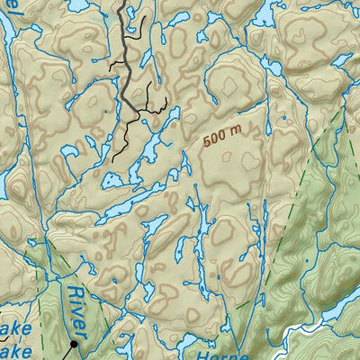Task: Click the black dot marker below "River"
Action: (74, 343)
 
